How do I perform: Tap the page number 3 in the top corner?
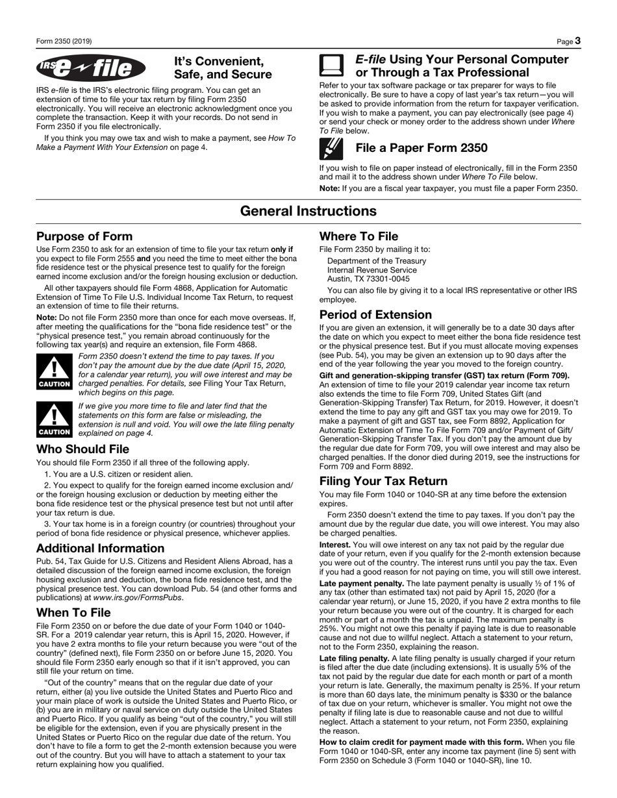[577, 42]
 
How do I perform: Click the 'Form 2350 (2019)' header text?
[64, 42]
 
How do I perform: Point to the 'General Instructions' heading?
[308, 211]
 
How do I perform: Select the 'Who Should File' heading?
[82, 449]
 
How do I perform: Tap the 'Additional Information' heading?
[100, 548]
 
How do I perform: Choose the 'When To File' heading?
[73, 612]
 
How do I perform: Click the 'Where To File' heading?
[359, 236]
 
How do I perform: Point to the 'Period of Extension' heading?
[375, 315]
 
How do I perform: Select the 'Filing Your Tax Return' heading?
[383, 481]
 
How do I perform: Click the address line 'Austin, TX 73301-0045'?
[368, 279]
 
